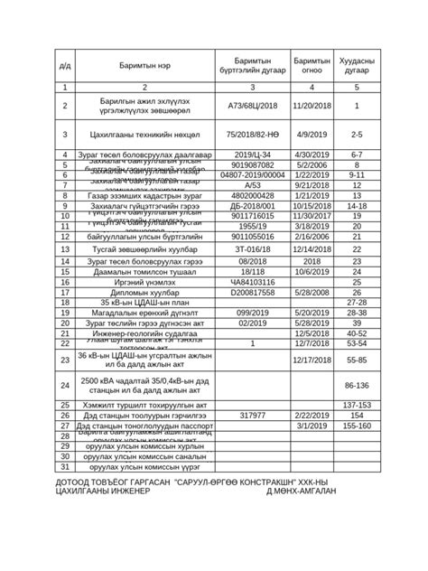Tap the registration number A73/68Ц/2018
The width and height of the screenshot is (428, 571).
tap(253, 106)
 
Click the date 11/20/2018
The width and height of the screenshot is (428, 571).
tap(312, 106)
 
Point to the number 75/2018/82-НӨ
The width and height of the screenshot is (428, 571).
tap(253, 134)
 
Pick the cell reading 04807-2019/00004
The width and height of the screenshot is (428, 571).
tap(253, 174)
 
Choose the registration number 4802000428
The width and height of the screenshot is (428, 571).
tap(253, 195)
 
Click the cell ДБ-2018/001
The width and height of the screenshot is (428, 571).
tap(253, 206)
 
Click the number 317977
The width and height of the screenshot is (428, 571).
tap(253, 415)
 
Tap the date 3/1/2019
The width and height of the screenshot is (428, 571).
tap(312, 425)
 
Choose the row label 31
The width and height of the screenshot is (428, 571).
tap(65, 467)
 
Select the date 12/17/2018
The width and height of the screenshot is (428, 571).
tap(312, 360)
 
